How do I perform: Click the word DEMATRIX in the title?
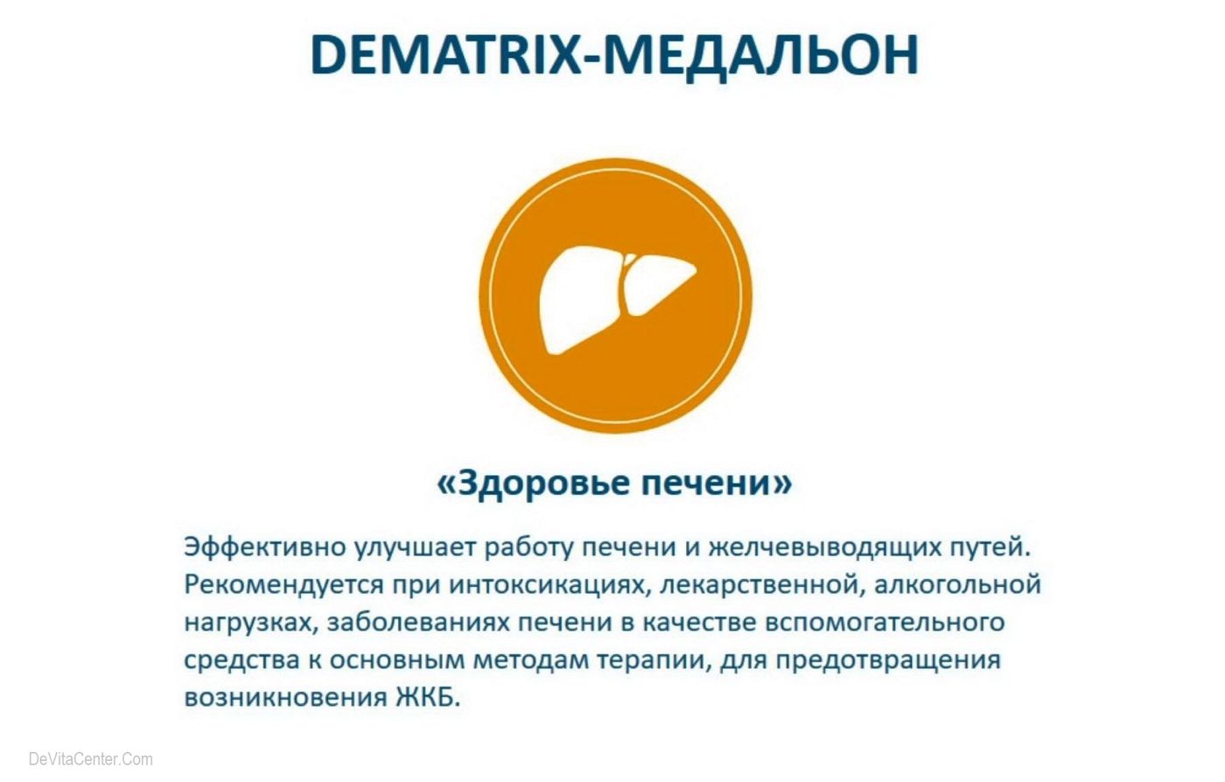tap(445, 55)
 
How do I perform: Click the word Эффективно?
tap(265, 547)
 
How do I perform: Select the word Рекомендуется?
tap(283, 585)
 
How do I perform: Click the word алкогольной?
tap(957, 585)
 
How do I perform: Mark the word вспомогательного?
tap(885, 624)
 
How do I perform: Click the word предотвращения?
tap(888, 661)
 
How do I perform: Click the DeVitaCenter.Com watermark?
tap(91, 759)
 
